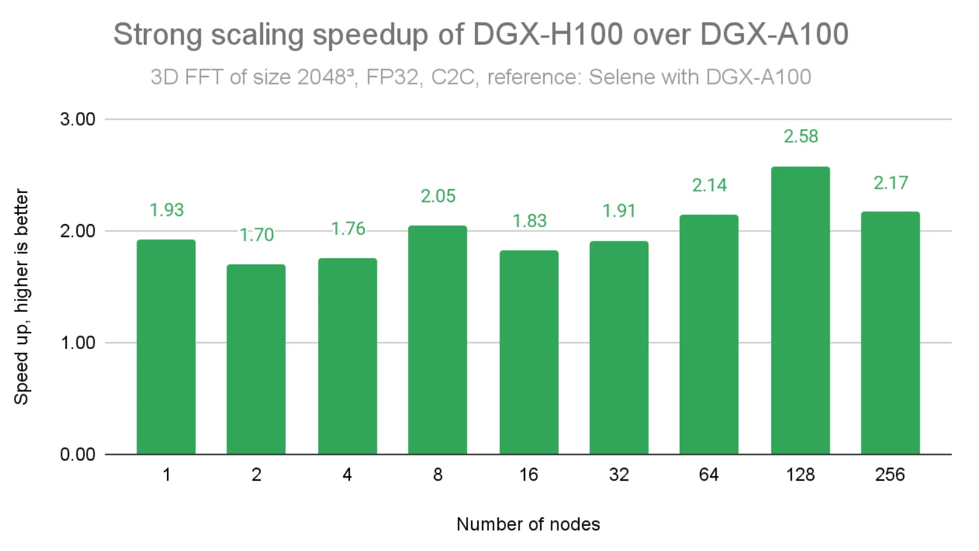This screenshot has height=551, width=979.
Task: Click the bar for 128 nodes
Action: coord(800,310)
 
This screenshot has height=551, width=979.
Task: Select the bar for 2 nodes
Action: coord(256,359)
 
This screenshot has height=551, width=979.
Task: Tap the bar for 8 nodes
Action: coord(437,340)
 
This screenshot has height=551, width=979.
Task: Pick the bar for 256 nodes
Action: coord(890,333)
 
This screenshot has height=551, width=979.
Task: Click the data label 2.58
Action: coord(800,136)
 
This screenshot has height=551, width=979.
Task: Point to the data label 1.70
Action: coord(256,234)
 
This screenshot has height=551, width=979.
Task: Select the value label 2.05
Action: coord(437,196)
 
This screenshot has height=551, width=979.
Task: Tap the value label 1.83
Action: coord(529,220)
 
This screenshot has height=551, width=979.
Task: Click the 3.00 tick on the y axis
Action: coord(78,119)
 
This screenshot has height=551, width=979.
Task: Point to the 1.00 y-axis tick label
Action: coord(78,343)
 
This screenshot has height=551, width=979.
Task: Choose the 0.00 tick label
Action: coord(78,454)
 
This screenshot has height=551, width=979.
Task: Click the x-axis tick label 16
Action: coord(529,474)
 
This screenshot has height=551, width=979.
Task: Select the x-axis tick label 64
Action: coord(709,474)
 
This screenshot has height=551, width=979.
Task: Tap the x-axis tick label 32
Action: coord(619,474)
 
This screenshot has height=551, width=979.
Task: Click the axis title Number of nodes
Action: coord(528,524)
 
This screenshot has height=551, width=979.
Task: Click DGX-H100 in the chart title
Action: coord(548,34)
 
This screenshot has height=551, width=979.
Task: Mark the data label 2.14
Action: coord(709,185)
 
